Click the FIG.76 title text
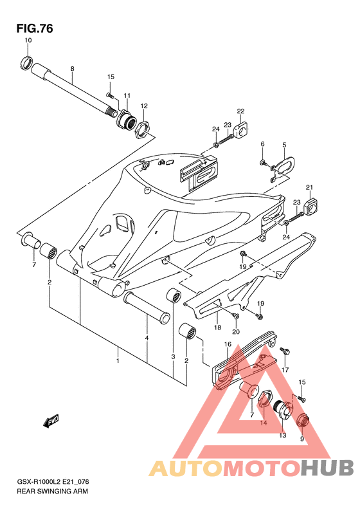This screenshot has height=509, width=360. [35, 28]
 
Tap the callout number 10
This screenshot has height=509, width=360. [28, 41]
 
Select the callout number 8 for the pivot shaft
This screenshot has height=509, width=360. [73, 69]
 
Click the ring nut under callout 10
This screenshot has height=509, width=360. [26, 62]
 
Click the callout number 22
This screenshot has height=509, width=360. [240, 111]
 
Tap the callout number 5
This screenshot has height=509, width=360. [284, 145]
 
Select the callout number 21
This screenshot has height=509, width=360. [310, 187]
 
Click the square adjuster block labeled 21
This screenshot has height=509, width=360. [310, 206]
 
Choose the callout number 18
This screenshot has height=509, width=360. [218, 327]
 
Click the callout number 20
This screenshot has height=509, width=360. [236, 332]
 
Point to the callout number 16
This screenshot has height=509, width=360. [228, 344]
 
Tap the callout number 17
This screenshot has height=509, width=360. [285, 370]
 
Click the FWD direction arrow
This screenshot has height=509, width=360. [50, 421]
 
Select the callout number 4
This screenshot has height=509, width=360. [147, 338]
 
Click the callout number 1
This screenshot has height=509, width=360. [118, 360]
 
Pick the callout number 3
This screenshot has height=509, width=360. [173, 356]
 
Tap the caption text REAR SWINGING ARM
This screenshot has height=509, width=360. [52, 491]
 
